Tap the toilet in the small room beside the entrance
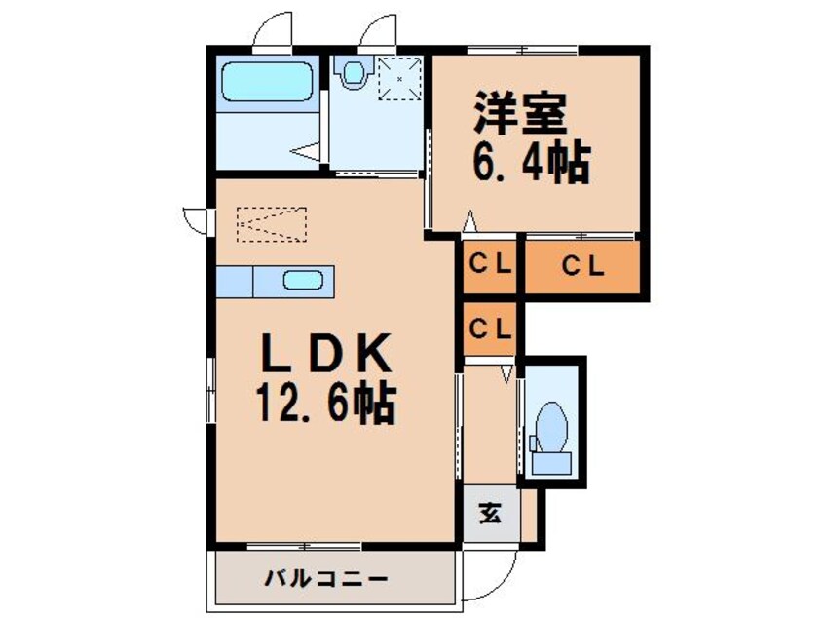551,426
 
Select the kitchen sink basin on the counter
303,281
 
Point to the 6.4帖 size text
531,162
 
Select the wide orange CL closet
582,265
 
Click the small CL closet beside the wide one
489,265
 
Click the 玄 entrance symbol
490,512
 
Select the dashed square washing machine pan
397,78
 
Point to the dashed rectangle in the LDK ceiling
272,223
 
